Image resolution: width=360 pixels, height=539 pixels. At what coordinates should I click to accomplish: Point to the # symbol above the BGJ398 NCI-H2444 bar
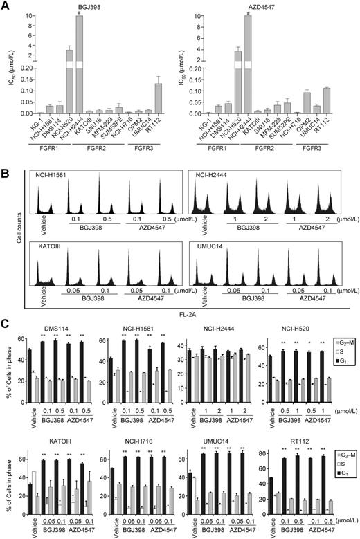80,10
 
